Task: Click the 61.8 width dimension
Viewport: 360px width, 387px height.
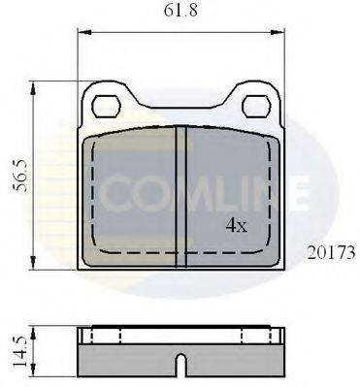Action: click(180, 13)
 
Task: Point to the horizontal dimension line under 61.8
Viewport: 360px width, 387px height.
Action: click(180, 36)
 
